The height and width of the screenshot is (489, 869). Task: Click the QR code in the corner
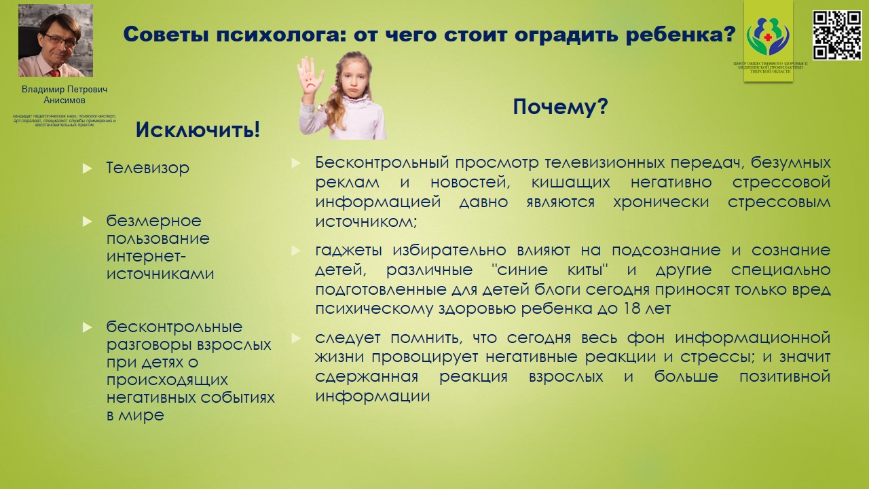(x=837, y=35)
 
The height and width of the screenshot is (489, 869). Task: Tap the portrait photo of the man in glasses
(x=56, y=41)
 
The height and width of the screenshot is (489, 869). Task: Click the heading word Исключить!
(x=198, y=129)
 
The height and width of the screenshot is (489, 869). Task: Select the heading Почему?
(x=559, y=107)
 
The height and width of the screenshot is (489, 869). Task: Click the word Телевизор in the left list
(x=147, y=168)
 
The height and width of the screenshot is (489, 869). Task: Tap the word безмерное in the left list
(x=153, y=221)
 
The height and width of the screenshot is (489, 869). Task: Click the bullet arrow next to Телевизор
(x=87, y=168)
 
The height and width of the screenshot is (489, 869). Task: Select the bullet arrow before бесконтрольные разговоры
(x=87, y=327)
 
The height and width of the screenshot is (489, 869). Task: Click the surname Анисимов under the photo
(x=64, y=100)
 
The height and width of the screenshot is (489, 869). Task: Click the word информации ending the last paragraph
(x=372, y=396)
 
